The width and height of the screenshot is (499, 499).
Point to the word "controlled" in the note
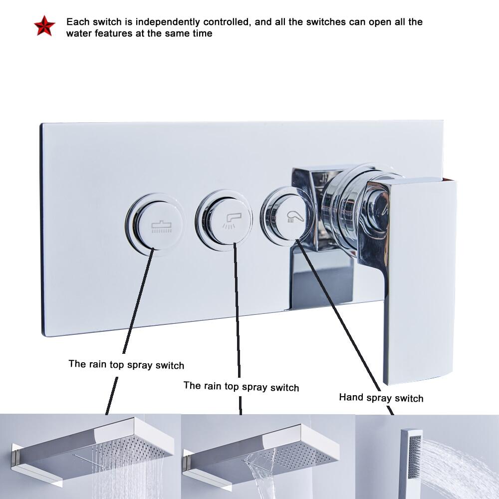tap(216, 22)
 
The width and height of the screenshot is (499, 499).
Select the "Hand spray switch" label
tap(381, 398)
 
